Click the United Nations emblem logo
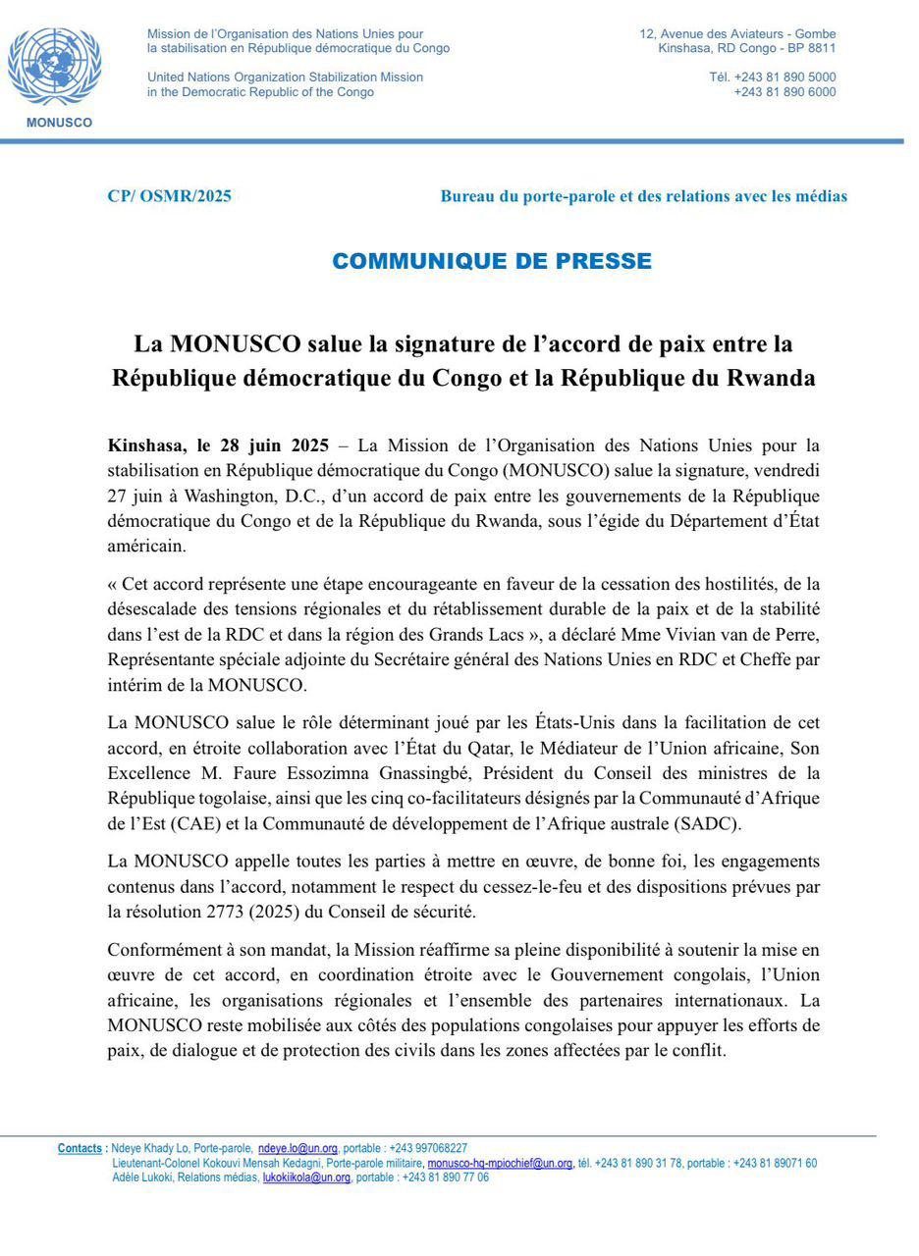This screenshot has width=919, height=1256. click(x=54, y=67)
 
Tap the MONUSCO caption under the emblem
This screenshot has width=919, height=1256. click(x=59, y=123)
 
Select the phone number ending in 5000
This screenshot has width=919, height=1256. click(x=773, y=77)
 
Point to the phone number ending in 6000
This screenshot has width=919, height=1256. click(x=784, y=91)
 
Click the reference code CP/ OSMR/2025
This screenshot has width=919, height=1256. click(x=169, y=196)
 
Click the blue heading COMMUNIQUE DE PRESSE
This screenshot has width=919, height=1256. click(x=491, y=261)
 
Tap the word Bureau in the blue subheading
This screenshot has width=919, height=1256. click(x=466, y=196)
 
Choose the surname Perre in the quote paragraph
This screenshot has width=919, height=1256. click(x=795, y=634)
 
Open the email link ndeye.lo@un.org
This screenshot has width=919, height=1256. click(x=297, y=1148)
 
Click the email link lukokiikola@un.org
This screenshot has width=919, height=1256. click(x=306, y=1177)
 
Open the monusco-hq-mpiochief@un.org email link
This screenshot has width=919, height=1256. click(x=500, y=1163)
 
